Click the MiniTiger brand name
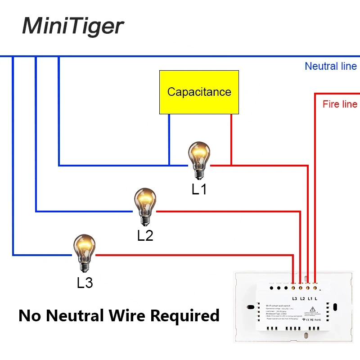(72, 26)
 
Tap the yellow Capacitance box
(199, 92)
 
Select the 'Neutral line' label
(330, 66)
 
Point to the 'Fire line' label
(340, 104)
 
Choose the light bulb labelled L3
(84, 252)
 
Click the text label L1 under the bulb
(199, 189)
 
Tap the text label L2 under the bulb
(145, 235)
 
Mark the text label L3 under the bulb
(85, 283)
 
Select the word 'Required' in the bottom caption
(184, 315)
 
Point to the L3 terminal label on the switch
(295, 298)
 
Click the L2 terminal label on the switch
(302, 298)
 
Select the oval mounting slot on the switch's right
(336, 309)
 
